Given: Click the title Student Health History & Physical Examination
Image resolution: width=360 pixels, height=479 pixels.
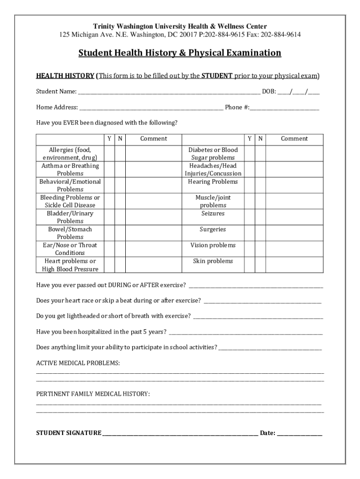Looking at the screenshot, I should [x=180, y=53].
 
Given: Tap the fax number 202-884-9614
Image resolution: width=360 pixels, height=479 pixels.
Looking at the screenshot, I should [x=281, y=35].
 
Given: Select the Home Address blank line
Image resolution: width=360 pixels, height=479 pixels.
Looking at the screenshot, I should [x=151, y=108].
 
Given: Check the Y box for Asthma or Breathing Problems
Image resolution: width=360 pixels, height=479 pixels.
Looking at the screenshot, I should [x=109, y=169].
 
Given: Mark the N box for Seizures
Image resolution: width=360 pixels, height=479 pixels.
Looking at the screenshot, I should [x=260, y=217].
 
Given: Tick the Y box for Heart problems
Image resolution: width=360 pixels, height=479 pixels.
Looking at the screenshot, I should [x=109, y=265].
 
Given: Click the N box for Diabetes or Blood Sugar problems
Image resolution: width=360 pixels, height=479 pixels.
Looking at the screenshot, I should [x=260, y=153].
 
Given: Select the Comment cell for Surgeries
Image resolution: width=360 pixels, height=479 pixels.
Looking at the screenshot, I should [x=295, y=233].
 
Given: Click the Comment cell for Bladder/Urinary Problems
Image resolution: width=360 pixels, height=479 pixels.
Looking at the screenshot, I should [x=153, y=217].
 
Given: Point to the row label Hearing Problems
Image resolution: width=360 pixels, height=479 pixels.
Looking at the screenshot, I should [x=213, y=181].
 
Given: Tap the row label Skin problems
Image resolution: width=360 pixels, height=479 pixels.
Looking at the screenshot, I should [x=213, y=261].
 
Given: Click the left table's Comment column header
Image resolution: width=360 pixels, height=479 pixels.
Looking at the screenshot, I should [x=153, y=138].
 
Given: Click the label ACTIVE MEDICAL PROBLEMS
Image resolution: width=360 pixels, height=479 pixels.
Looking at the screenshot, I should [x=78, y=363].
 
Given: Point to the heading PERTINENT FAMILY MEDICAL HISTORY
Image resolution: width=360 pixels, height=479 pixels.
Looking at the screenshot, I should [x=93, y=394].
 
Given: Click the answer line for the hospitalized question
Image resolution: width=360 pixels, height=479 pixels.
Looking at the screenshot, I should [x=245, y=333].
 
